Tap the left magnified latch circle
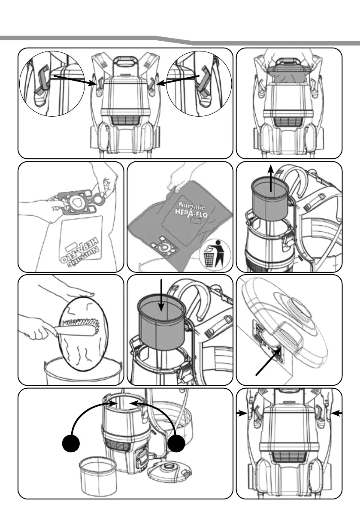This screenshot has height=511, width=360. pos(48,83)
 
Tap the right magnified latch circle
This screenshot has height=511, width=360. pos(199,83)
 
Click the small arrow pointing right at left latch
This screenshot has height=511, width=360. pos(242,414)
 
